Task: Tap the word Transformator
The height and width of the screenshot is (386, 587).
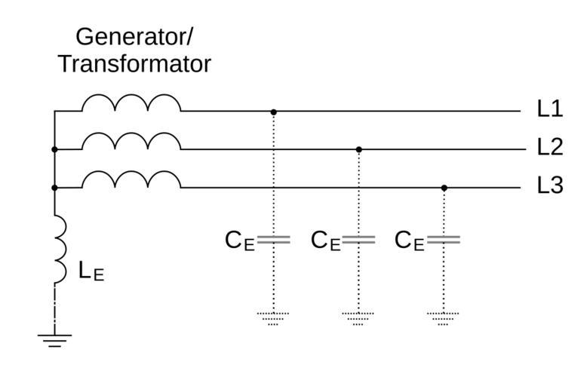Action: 134,64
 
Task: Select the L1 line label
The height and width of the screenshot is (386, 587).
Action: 550,109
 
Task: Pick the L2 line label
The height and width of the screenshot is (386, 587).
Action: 550,147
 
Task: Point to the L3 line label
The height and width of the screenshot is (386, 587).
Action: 550,185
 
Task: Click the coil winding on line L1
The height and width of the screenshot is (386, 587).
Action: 131,103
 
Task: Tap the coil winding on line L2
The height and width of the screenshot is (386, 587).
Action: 131,142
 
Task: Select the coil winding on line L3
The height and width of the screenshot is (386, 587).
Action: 131,179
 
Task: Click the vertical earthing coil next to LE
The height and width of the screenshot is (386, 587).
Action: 58,249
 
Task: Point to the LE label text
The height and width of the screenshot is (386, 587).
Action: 91,271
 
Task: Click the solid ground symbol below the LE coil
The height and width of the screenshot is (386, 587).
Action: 54,339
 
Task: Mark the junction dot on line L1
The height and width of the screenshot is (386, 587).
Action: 274,112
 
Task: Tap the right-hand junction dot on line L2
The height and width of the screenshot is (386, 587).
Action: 359,149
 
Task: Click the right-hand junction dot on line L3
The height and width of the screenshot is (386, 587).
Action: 444,188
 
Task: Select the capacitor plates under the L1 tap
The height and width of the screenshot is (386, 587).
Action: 274,240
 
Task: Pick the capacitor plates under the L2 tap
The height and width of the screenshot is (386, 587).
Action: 359,240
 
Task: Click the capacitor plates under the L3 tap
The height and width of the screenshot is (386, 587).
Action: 444,240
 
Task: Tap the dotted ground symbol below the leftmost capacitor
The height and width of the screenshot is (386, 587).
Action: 273,317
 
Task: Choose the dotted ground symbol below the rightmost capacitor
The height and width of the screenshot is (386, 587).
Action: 444,317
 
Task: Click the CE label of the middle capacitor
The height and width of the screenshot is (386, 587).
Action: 325,241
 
